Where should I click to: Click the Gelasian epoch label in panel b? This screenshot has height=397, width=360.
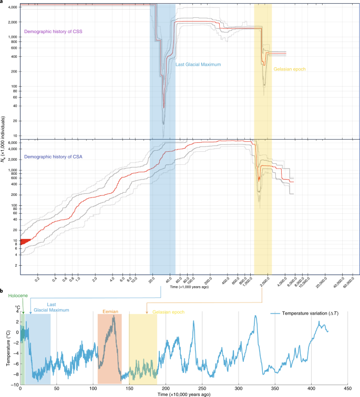click(168, 312)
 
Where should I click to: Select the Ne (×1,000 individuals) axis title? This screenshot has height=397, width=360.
click(4, 142)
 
